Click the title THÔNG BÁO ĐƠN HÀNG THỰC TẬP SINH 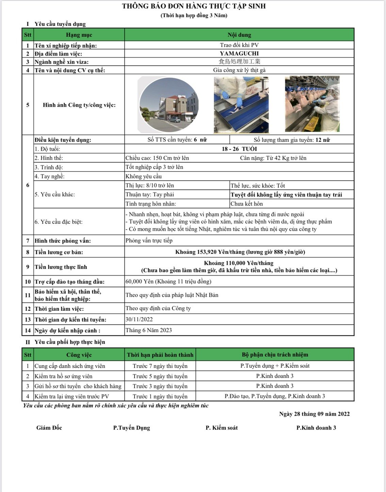[194, 6]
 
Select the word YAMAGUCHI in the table [239, 53]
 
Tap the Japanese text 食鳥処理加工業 [239, 62]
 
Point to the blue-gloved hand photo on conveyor [241, 105]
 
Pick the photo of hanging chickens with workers [312, 104]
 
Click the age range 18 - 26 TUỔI [239, 149]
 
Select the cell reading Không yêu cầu [144, 176]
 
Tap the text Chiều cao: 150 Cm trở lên [157, 158]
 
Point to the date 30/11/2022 [139, 320]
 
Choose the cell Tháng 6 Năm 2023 [149, 330]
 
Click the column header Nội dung [239, 35]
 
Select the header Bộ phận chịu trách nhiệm [275, 355]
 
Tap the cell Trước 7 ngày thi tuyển [160, 366]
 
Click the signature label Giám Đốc [49, 428]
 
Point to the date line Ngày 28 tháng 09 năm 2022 [314, 414]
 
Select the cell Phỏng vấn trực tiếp [149, 241]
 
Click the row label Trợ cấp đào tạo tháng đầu [69, 282]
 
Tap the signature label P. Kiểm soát [222, 428]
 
